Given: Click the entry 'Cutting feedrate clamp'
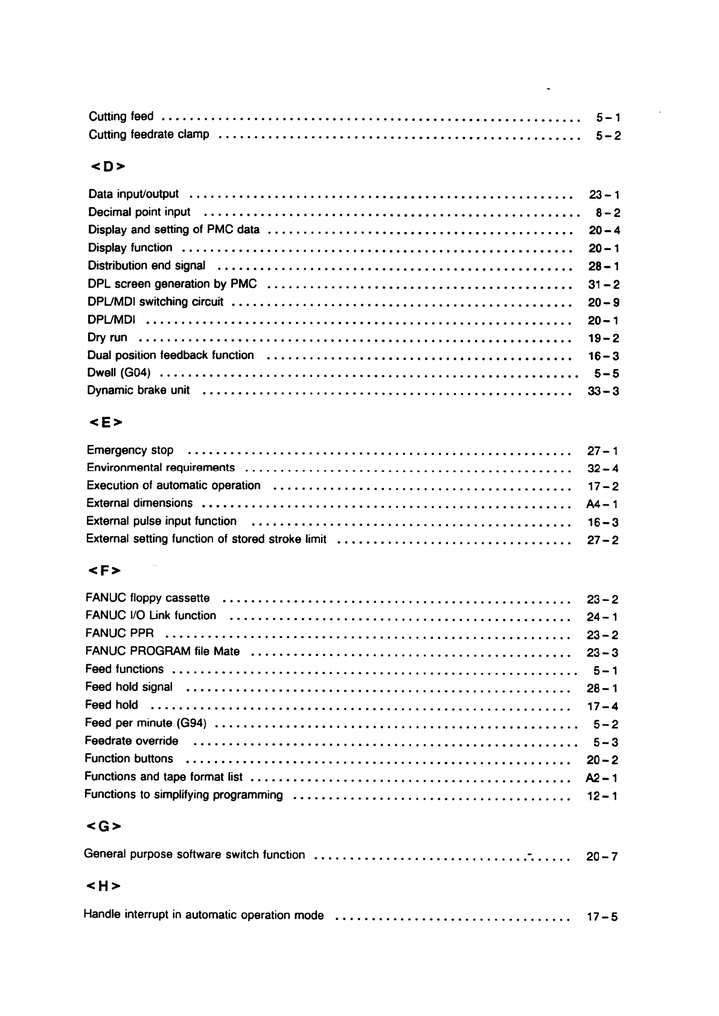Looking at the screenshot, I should tap(149, 134).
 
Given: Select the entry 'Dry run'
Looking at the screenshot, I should tap(107, 338).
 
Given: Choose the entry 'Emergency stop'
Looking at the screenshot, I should tap(130, 450).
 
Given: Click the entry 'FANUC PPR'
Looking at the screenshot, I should tap(120, 634).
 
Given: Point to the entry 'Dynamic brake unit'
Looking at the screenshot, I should tap(138, 390).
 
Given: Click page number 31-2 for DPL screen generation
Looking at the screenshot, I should tap(604, 285).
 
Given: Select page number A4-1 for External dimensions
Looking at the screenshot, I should tap(602, 504).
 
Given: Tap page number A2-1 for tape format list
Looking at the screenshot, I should tap(601, 778).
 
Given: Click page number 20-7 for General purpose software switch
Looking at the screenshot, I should tap(602, 856).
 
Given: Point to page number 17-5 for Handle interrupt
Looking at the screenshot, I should tap(602, 917).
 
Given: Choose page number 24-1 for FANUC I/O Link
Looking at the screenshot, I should tap(602, 617).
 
